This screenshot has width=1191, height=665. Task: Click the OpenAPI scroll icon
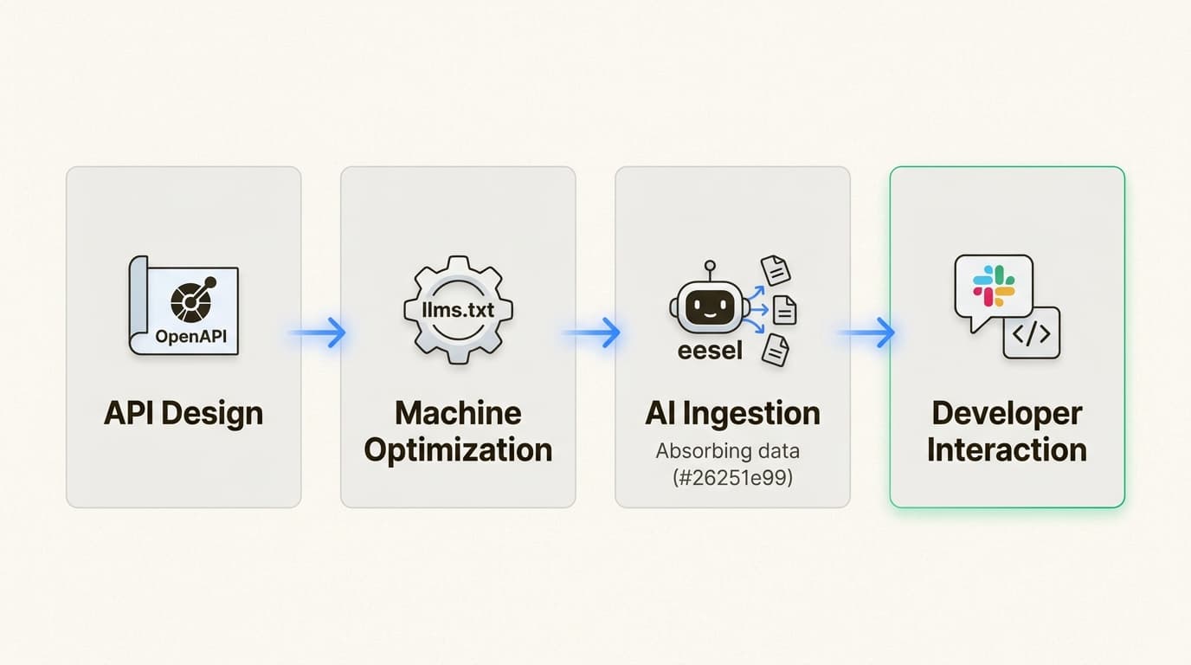183,304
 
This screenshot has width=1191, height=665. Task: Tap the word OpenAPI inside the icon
191,337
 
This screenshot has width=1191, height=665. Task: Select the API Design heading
183,413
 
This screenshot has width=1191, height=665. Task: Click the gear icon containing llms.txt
458,310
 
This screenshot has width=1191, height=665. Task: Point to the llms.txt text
458,309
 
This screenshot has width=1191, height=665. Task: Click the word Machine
458,413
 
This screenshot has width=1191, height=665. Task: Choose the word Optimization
458,450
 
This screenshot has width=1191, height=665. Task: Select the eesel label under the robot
709,352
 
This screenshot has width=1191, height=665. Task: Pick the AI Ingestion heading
732,413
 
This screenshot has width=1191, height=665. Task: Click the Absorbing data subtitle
728,451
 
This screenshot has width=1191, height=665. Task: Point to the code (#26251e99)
733,477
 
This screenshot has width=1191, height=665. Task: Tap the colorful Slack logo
994,286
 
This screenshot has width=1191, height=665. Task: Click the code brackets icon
1031,333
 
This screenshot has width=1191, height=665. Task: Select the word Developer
1007,413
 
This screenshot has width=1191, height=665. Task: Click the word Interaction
1007,450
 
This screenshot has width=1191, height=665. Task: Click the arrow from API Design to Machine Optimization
319,332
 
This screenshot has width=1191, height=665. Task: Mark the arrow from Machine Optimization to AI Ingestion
593,332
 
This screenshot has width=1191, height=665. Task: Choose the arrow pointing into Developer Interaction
868,332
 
